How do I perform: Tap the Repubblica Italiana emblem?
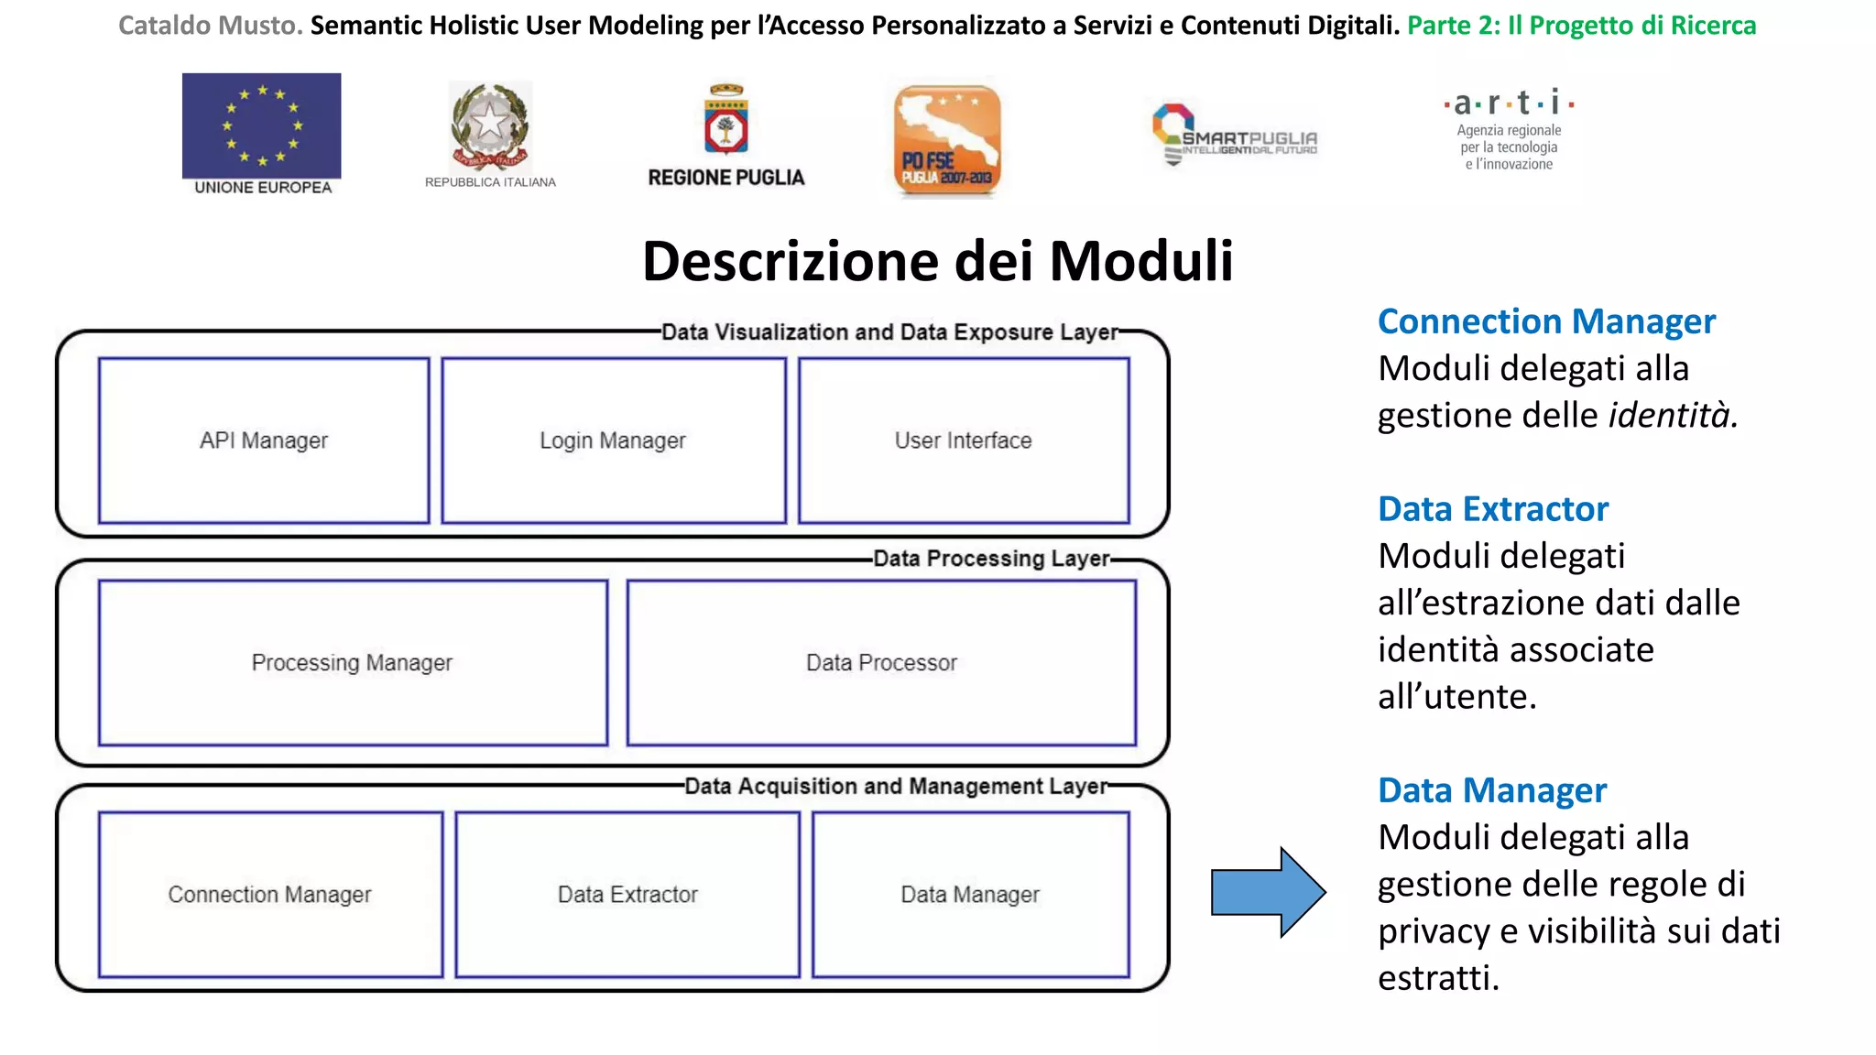(x=490, y=127)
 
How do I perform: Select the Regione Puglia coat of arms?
(x=726, y=120)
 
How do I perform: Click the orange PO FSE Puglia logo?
(x=947, y=141)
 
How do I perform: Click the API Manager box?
(x=264, y=440)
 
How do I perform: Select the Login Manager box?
(x=613, y=440)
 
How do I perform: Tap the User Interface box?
(x=963, y=440)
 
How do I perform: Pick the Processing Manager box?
(x=353, y=662)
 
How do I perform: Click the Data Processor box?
(x=881, y=662)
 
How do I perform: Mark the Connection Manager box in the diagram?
(x=270, y=894)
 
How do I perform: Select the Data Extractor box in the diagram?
(x=627, y=894)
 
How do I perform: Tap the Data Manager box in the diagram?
(x=970, y=894)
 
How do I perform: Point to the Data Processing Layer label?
(x=991, y=559)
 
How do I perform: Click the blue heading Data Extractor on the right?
(x=1493, y=509)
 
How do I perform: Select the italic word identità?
(x=1673, y=416)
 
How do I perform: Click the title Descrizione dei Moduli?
(x=937, y=261)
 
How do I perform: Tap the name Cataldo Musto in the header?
(x=210, y=26)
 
